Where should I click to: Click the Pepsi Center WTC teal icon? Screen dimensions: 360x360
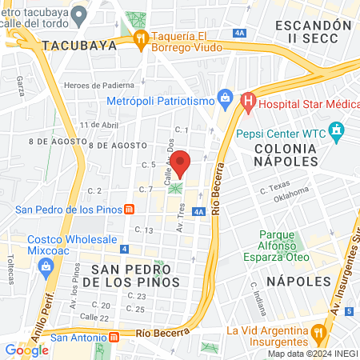[337, 129]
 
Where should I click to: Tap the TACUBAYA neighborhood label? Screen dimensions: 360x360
[79, 46]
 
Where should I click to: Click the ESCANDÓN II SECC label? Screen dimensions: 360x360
[313, 32]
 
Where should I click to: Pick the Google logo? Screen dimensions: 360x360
[26, 350]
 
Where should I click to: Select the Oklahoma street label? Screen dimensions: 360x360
[294, 195]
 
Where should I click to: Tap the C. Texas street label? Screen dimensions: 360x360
[274, 186]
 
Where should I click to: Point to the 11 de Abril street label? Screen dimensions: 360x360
[99, 126]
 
